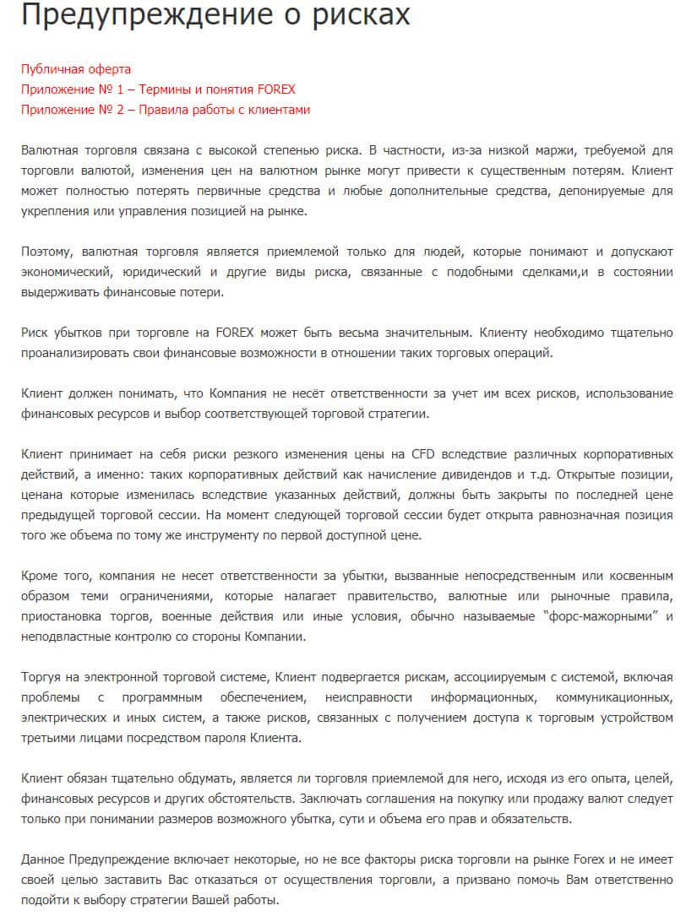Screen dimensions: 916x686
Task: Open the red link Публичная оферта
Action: (76, 68)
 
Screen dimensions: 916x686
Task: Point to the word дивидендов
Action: (480, 474)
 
